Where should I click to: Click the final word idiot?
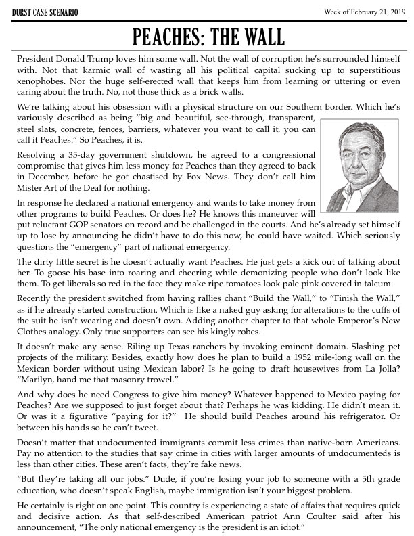tap(290, 524)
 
